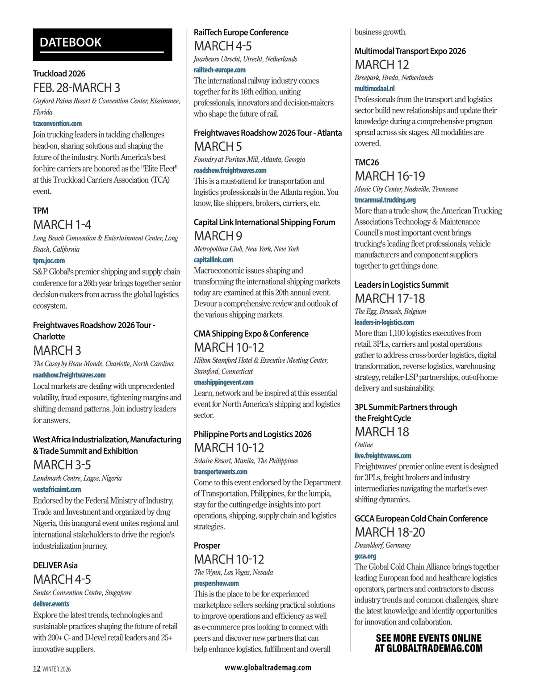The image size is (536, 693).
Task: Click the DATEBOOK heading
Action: pos(71,42)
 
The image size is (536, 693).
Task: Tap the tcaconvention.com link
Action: pos(57,123)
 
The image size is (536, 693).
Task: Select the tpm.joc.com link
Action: pos(49,260)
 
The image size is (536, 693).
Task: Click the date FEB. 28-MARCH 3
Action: pos(76,88)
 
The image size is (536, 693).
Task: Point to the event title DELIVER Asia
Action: pos(55,565)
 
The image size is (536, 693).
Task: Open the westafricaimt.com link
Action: pos(57,489)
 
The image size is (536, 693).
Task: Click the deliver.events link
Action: pos(51,604)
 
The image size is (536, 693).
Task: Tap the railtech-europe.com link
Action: pos(219,70)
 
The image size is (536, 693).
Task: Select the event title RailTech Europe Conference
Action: pos(241,32)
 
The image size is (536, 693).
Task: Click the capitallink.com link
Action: pos(213,260)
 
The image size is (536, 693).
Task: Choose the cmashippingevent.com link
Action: pos(223,382)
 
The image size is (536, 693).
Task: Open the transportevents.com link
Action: pos(220,471)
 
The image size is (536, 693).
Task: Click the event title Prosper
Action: pos(207,546)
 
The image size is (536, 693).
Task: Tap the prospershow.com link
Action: pos(216,583)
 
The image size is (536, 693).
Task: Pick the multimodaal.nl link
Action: pos(374,88)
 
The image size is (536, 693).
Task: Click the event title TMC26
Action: pos(366,162)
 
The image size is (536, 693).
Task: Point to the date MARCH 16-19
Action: pos(389,176)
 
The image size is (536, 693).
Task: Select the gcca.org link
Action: pos(365,556)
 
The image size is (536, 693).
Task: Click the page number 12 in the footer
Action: pos(37,668)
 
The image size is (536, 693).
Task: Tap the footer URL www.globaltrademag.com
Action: pos(268,667)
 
